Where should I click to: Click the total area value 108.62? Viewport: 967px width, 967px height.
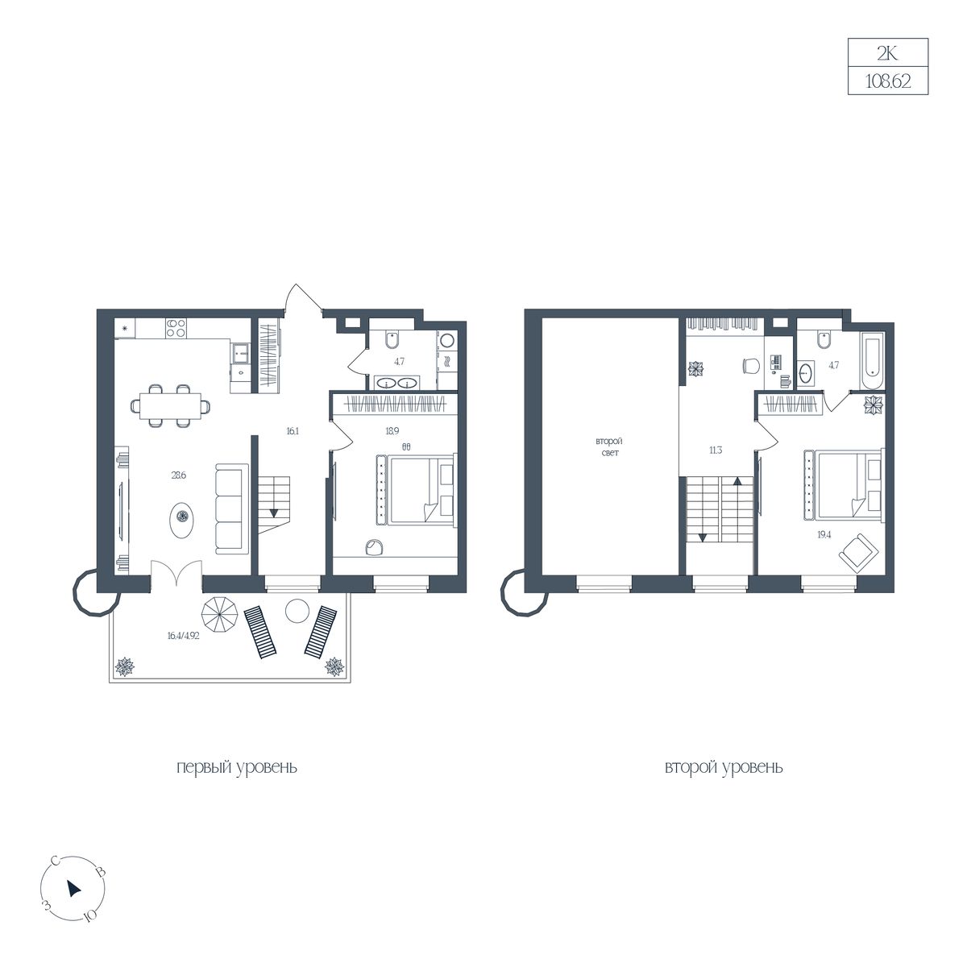pos(888,81)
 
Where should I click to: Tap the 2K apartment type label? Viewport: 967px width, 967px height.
pos(887,53)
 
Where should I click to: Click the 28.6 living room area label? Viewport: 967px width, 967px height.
pos(178,475)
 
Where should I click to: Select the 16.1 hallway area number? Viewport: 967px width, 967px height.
pos(293,430)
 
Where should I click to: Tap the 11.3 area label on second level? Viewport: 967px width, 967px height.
pos(716,450)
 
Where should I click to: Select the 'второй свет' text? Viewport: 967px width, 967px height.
pos(609,446)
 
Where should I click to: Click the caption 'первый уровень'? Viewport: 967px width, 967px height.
pos(237,767)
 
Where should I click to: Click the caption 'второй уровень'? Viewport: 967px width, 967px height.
pos(724,767)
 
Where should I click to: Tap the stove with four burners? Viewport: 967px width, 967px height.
pos(176,328)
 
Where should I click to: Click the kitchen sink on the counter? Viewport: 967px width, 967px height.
pos(240,351)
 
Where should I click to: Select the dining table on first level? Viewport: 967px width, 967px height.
pos(170,405)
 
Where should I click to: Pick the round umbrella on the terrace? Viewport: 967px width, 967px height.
pos(219,615)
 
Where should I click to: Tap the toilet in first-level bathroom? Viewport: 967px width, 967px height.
pos(392,340)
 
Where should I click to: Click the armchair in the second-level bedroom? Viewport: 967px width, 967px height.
pos(858,553)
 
